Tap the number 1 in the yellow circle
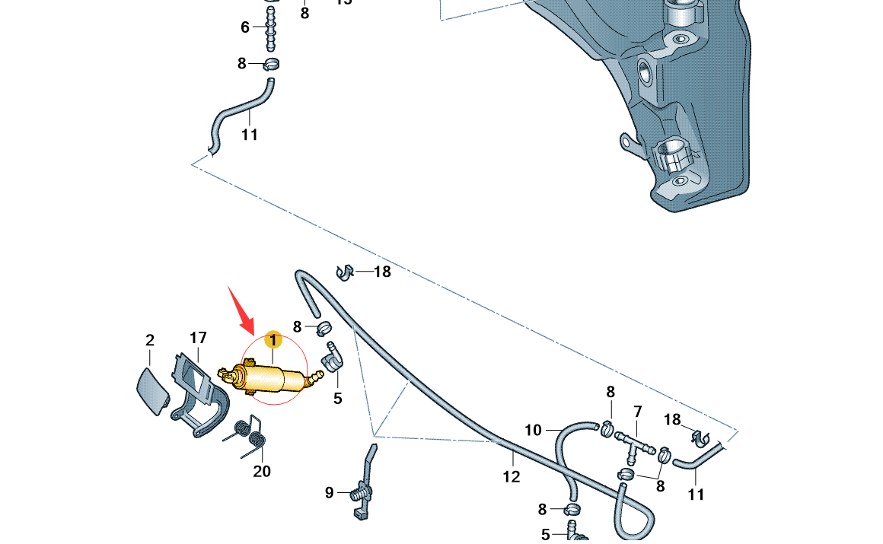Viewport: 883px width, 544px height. click(273, 340)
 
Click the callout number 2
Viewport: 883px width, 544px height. click(150, 340)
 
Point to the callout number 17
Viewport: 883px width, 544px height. click(198, 337)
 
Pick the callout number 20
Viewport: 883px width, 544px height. click(262, 472)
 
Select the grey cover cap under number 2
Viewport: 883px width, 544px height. click(152, 390)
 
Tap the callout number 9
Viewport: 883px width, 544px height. click(330, 493)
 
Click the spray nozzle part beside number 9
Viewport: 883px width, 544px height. click(364, 487)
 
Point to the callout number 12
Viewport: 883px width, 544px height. click(512, 477)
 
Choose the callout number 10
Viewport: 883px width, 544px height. click(533, 430)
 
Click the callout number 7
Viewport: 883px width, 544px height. click(638, 412)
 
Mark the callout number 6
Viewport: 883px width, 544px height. click(245, 27)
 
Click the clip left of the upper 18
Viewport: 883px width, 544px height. click(345, 271)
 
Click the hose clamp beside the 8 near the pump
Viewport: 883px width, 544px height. click(324, 329)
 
